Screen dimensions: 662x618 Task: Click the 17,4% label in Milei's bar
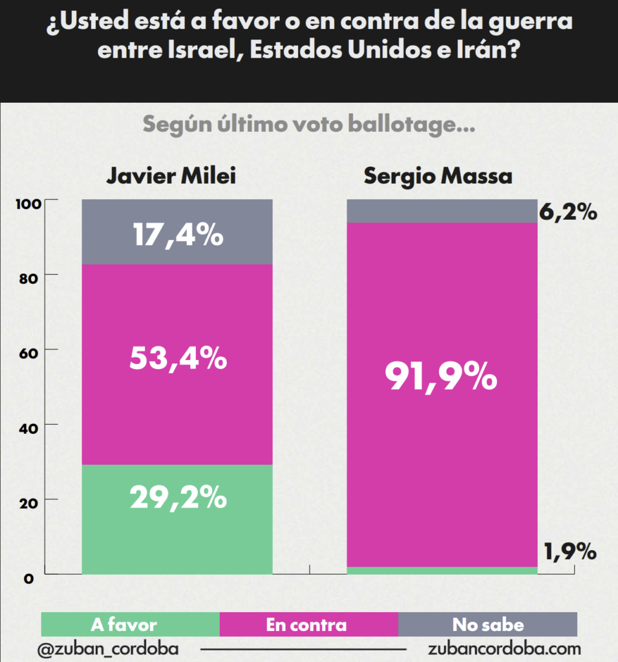click(178, 235)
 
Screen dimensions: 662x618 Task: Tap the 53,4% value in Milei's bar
click(178, 358)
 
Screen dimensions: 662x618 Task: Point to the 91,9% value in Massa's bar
click(442, 377)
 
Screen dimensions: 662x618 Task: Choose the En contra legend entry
click(306, 625)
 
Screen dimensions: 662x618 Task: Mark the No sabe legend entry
click(487, 625)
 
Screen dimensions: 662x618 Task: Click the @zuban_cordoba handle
click(107, 648)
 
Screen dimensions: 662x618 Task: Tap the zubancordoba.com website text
click(504, 648)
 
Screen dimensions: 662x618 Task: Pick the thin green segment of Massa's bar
click(442, 570)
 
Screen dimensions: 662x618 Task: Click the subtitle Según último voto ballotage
click(309, 124)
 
